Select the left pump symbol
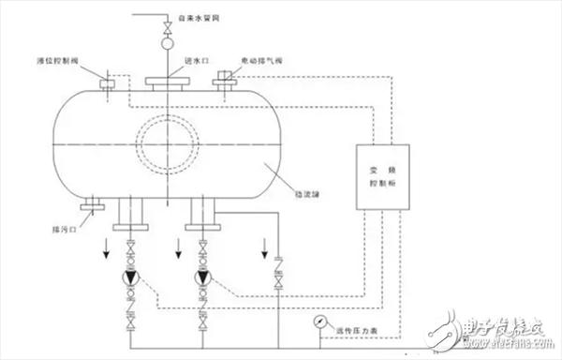(129, 277)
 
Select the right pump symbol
(202, 277)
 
